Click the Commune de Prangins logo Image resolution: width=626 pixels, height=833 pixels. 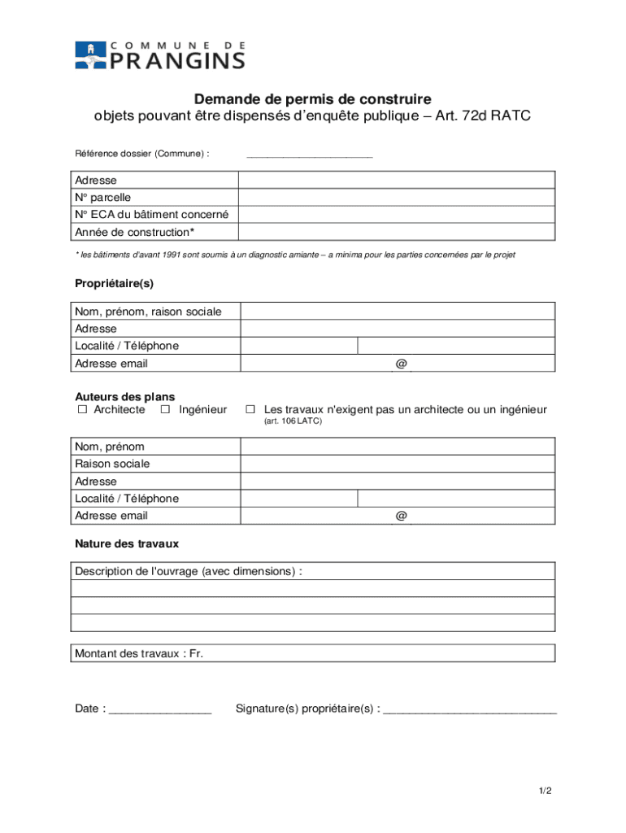coord(159,55)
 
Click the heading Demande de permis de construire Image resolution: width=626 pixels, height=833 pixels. coord(312,99)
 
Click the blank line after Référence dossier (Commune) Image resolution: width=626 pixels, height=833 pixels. coord(309,154)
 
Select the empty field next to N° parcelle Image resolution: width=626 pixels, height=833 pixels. coord(397,198)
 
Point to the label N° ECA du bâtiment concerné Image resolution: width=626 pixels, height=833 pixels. coord(151,215)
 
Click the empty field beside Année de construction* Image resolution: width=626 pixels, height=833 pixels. coord(397,233)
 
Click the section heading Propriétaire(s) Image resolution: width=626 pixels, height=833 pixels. coord(114,284)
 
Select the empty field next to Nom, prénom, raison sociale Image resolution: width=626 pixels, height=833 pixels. coord(397,312)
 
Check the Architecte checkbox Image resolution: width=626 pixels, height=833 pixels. coord(82,410)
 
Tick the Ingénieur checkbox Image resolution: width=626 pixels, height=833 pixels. coord(165,410)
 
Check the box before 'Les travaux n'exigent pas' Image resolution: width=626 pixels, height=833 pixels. coord(251,410)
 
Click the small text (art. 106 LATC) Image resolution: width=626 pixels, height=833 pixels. coord(292,422)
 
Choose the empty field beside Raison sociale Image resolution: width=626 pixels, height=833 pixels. coord(397,464)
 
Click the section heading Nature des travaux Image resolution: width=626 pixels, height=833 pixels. coord(127,543)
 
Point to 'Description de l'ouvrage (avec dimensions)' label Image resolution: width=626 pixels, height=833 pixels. coord(188,571)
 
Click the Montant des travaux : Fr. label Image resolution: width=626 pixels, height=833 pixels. coord(139,653)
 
